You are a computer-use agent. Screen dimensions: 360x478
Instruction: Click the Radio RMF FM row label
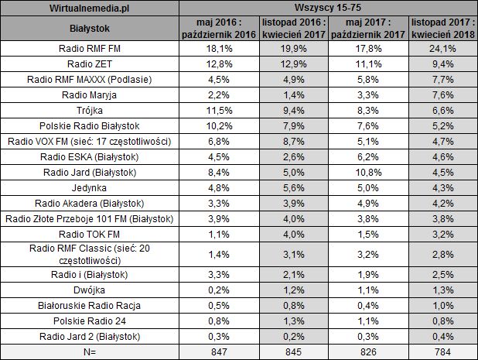[x=90, y=49]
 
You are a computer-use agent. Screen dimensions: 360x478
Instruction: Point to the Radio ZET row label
[x=90, y=63]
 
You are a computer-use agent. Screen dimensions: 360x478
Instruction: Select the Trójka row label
[x=90, y=110]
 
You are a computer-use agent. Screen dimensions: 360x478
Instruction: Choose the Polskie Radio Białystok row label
[x=90, y=125]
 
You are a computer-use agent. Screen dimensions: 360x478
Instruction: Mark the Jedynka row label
[x=90, y=187]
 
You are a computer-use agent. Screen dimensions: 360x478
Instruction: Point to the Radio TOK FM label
[x=90, y=234]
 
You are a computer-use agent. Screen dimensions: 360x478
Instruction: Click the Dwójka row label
[x=90, y=290]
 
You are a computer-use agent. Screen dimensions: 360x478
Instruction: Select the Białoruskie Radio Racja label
[x=90, y=305]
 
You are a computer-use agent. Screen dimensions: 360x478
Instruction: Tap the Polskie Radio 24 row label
[x=90, y=321]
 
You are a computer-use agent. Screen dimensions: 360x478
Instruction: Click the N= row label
[x=90, y=351]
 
